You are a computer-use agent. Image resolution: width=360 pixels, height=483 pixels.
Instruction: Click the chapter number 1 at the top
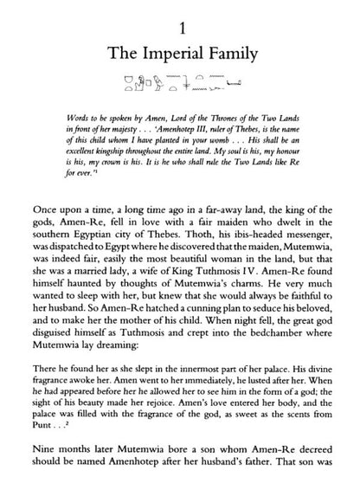pyautogui.click(x=180, y=17)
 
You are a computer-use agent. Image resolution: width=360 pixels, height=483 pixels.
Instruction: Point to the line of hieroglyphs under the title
pyautogui.click(x=180, y=84)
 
